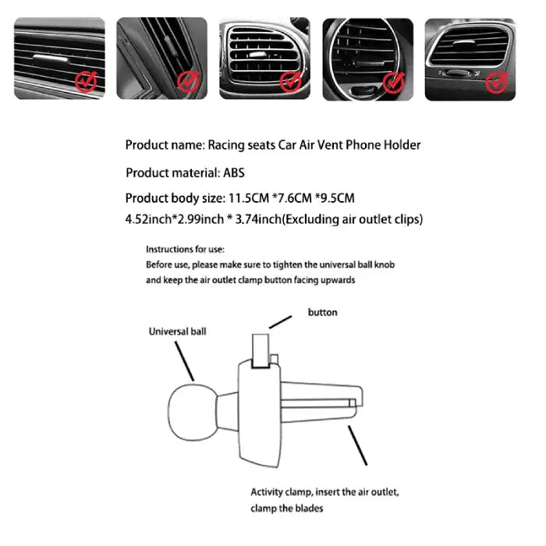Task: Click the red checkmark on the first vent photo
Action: tap(86, 80)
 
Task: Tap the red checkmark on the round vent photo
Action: tap(395, 80)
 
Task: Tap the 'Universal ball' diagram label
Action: tap(178, 331)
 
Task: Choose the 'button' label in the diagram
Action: tap(323, 312)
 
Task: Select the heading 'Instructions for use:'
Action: tap(185, 250)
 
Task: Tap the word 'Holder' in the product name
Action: tap(402, 145)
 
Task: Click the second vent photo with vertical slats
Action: tap(162, 58)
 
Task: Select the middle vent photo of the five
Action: tap(264, 58)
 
